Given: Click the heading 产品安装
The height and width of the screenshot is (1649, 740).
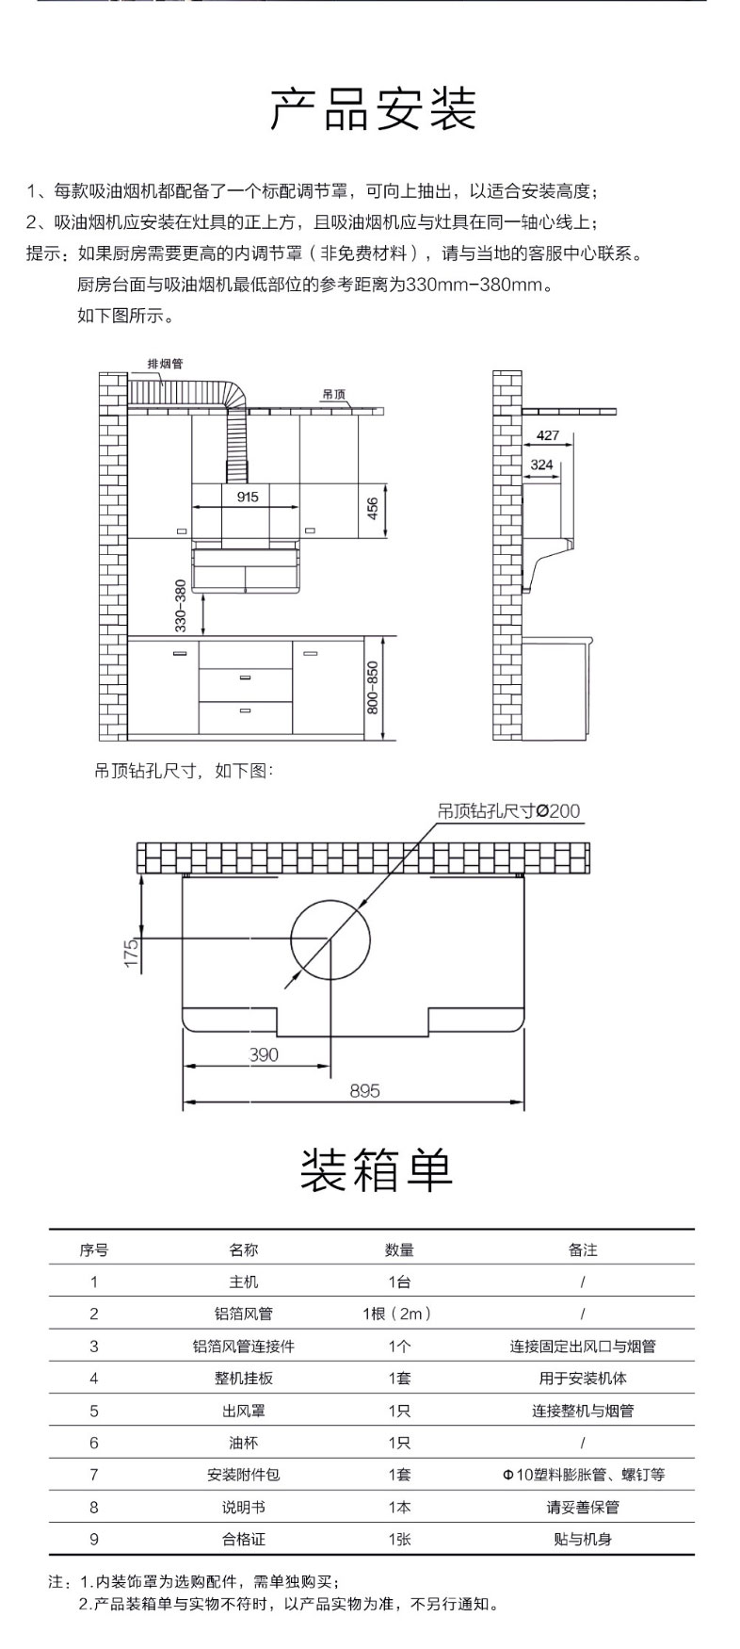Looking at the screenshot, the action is (374, 110).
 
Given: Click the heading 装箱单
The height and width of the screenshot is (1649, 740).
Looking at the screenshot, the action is (377, 1168).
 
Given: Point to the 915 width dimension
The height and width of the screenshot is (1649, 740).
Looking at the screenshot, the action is (248, 497).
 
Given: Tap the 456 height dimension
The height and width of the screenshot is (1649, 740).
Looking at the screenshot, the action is (373, 509).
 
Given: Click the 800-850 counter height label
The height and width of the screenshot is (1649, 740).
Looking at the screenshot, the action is (373, 686).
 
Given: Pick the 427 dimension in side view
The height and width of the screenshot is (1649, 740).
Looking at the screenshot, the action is (548, 436).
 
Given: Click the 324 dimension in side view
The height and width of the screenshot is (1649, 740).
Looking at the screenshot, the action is (541, 465).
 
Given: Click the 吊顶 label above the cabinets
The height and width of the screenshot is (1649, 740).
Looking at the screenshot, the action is (333, 395).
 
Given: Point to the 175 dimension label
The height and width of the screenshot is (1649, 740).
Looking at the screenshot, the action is (132, 952).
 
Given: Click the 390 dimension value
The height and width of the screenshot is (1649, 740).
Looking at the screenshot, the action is (264, 1054).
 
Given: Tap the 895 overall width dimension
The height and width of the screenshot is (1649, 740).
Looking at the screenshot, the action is (364, 1090).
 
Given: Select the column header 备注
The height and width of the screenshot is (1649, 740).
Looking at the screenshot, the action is (583, 1249).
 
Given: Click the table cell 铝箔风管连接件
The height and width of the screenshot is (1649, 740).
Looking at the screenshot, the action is (243, 1346).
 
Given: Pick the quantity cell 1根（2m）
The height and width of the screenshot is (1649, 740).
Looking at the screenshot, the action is (398, 1314).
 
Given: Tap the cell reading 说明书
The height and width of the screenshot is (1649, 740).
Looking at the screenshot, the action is (243, 1507).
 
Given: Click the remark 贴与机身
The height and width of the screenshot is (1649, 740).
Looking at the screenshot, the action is (583, 1539).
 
